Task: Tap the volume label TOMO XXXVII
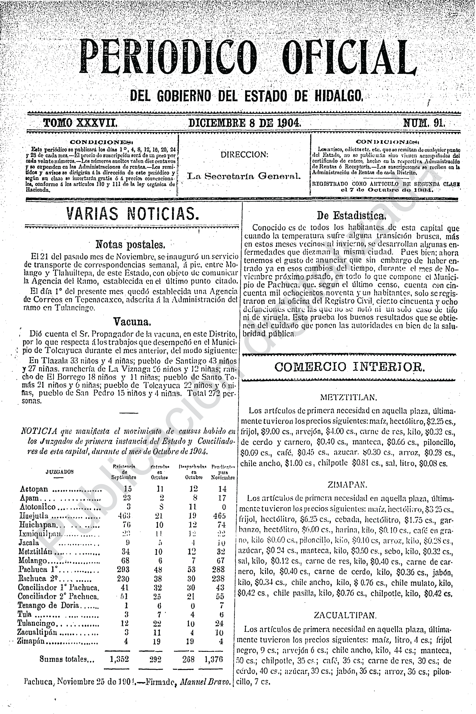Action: coord(80,123)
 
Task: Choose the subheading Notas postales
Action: coord(131,245)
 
